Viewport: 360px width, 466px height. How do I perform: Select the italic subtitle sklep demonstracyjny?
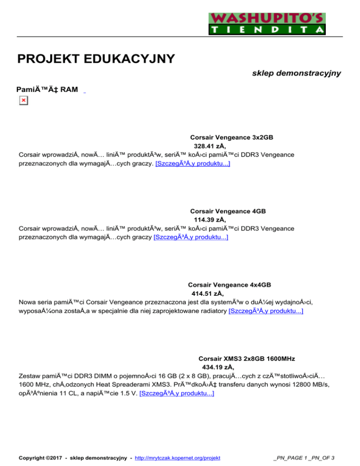click(296, 74)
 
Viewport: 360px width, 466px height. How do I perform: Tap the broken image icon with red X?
click(23, 100)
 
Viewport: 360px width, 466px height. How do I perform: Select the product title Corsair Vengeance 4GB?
click(228, 211)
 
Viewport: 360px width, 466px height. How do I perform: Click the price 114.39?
click(207, 219)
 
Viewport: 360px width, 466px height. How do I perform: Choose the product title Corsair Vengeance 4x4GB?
click(229, 285)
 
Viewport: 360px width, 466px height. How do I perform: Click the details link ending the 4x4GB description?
click(265, 311)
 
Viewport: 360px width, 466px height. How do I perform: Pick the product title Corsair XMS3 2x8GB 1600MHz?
click(247, 358)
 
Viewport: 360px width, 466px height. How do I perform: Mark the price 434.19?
click(215, 367)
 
